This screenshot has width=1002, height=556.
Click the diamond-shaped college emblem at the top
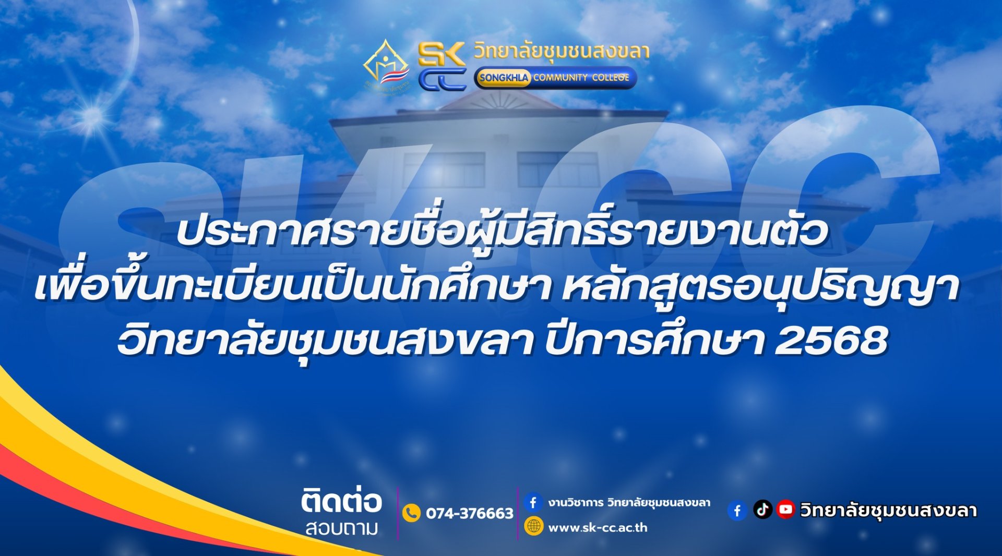point(387,66)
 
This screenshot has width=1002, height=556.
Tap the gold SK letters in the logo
point(442,54)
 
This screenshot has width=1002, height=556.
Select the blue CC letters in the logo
point(442,80)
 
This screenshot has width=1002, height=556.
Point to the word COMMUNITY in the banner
point(560,78)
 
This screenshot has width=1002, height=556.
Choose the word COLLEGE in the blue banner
point(611,78)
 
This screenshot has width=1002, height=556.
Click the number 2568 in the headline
point(831,341)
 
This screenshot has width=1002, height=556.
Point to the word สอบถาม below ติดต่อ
point(341,528)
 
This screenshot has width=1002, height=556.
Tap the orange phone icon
point(411,513)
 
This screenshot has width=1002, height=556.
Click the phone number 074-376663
point(470,514)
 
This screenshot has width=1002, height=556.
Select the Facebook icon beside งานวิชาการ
point(533,502)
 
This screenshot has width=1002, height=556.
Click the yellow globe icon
point(533,526)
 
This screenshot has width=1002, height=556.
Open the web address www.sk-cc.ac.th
point(598,527)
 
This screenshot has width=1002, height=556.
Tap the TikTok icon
point(762,509)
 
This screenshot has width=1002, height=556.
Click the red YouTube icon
point(785,509)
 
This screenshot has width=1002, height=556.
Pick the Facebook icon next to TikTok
point(737,511)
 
